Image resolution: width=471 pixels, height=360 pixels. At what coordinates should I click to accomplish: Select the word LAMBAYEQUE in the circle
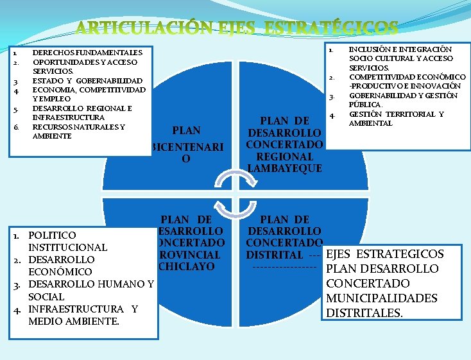pyautogui.click(x=284, y=168)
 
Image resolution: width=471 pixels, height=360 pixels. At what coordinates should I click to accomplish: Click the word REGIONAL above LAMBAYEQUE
pyautogui.click(x=284, y=157)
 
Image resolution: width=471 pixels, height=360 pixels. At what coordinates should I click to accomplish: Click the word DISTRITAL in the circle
pyautogui.click(x=275, y=255)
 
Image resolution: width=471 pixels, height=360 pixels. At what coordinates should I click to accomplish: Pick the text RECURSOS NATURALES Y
pyautogui.click(x=78, y=127)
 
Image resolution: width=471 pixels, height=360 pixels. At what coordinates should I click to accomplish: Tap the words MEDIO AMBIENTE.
pyautogui.click(x=74, y=321)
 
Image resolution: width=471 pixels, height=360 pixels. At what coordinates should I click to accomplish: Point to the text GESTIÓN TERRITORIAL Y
pyautogui.click(x=396, y=114)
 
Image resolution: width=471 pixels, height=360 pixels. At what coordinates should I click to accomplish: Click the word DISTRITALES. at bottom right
pyautogui.click(x=364, y=313)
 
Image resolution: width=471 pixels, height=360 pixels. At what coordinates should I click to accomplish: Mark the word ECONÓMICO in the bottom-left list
pyautogui.click(x=60, y=272)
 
